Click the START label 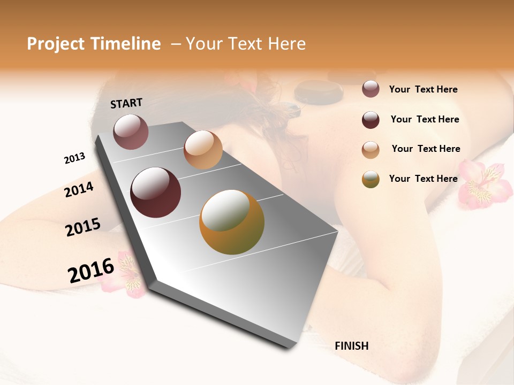tap(126, 103)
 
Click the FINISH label tap(352, 346)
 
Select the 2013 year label tap(74, 158)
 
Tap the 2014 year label tap(79, 189)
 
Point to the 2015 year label tap(83, 227)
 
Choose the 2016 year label tap(91, 270)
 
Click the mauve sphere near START tap(131, 132)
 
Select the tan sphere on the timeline tap(203, 150)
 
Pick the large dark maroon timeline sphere tap(155, 192)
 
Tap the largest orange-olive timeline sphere tap(231, 222)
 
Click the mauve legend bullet tap(371, 89)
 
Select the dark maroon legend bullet tap(371, 120)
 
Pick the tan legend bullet tap(371, 150)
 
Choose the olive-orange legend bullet tap(371, 179)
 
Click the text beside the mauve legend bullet tap(424, 90)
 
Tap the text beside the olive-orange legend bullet tap(424, 179)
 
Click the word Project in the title tap(56, 44)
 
